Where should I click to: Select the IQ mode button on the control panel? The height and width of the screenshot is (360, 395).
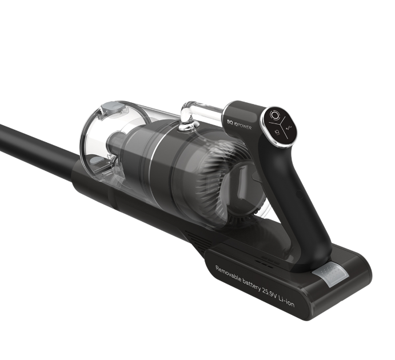click(x=278, y=131)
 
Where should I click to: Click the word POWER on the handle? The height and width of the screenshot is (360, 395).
click(x=244, y=127)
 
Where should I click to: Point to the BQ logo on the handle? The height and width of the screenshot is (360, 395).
click(x=229, y=123)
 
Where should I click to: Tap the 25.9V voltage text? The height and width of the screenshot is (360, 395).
click(x=269, y=293)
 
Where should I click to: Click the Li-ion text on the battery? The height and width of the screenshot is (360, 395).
click(x=285, y=301)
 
